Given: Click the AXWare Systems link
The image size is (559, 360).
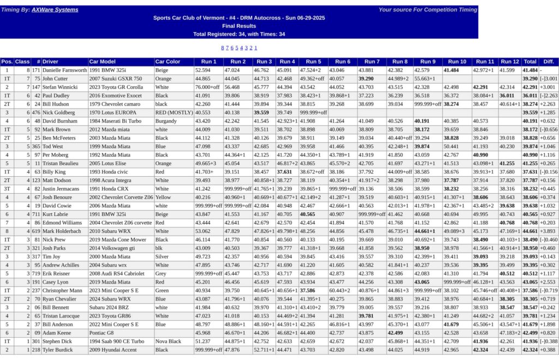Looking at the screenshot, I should (x=55, y=10).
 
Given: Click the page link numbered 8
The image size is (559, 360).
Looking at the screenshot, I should (x=223, y=48).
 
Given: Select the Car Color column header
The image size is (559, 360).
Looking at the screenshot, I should (x=167, y=62).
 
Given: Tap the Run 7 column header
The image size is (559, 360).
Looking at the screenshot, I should (x=372, y=62).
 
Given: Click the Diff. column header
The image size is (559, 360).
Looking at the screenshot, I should (x=549, y=62).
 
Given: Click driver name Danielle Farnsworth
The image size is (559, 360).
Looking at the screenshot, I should (x=64, y=70).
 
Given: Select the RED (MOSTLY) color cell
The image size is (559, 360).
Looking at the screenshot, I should (x=173, y=112).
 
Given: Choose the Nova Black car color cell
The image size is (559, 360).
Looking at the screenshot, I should (x=168, y=341).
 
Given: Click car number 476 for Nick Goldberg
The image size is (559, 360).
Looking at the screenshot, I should (x=36, y=112).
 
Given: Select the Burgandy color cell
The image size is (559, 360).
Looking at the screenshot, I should (x=166, y=121).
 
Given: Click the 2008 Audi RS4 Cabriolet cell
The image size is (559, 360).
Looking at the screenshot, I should (x=117, y=273).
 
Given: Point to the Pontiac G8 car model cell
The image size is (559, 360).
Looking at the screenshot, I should (x=102, y=333).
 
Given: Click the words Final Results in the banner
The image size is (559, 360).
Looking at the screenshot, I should (x=239, y=26).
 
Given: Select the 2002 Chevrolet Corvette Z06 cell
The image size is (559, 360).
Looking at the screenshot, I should (x=121, y=197).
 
